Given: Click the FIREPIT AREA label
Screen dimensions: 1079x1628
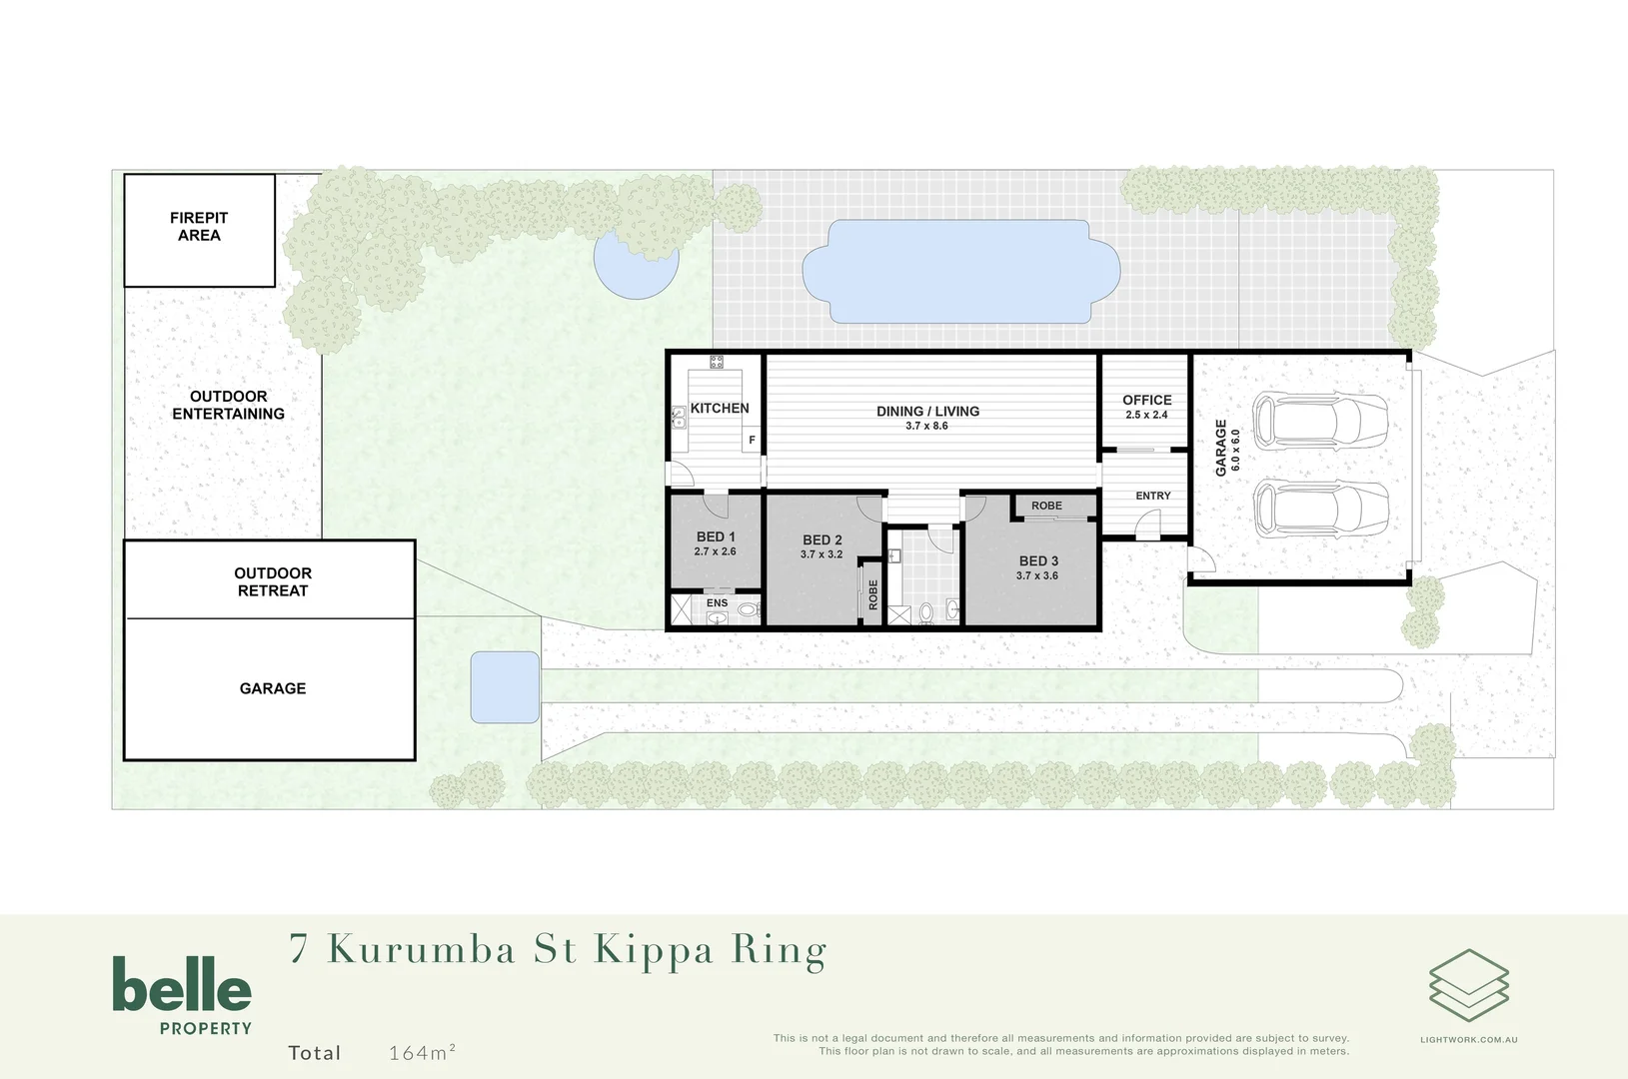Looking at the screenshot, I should pyautogui.click(x=199, y=227).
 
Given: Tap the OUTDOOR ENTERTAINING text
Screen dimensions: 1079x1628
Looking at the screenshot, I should pyautogui.click(x=228, y=405).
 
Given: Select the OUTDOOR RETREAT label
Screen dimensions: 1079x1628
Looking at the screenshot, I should pyautogui.click(x=273, y=581).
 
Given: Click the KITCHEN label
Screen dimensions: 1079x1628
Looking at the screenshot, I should pyautogui.click(x=720, y=408).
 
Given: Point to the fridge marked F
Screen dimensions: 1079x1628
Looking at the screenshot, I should pyautogui.click(x=752, y=440).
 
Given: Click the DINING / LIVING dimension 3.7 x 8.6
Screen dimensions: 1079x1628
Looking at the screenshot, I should pyautogui.click(x=926, y=426).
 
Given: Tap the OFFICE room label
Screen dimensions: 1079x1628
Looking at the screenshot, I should pyautogui.click(x=1146, y=400).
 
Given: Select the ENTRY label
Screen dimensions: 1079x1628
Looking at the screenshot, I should pyautogui.click(x=1152, y=496).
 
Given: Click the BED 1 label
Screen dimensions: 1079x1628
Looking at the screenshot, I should pyautogui.click(x=716, y=537).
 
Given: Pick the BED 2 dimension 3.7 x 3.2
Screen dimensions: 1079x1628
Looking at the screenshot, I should pyautogui.click(x=821, y=554).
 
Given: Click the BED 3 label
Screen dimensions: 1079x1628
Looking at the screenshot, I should pyautogui.click(x=1038, y=561).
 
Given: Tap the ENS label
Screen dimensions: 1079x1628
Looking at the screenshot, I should pyautogui.click(x=717, y=603).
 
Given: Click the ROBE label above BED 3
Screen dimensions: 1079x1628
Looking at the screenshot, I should pyautogui.click(x=1046, y=506).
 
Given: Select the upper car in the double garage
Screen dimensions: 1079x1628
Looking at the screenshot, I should pyautogui.click(x=1320, y=421).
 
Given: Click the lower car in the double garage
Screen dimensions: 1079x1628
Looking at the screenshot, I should pyautogui.click(x=1320, y=509).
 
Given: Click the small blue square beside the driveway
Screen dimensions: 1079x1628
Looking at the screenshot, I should pyautogui.click(x=505, y=687).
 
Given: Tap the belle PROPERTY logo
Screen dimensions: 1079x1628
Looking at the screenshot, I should pyautogui.click(x=182, y=994).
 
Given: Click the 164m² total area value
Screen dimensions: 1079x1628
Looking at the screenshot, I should pyautogui.click(x=422, y=1052).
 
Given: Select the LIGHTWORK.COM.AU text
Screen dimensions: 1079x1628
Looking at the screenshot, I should pyautogui.click(x=1468, y=1040).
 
